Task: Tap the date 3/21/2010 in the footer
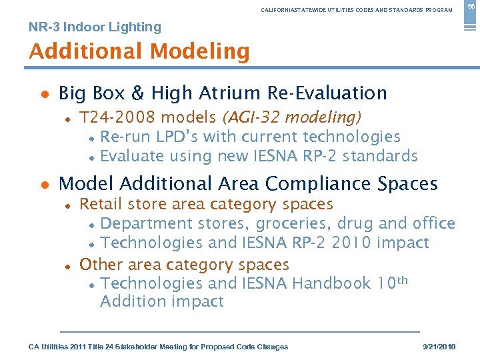tap(439, 347)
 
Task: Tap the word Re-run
tap(123, 137)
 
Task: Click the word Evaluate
tap(132, 157)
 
